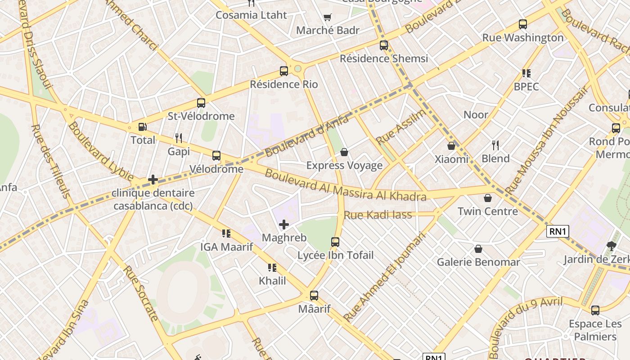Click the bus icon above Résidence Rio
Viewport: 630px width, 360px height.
284,71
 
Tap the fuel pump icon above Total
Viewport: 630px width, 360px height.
142,127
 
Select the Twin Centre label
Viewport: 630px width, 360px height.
488,211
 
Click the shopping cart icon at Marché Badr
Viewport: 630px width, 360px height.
328,18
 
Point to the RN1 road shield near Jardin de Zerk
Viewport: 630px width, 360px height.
558,231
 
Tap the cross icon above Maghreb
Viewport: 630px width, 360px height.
284,224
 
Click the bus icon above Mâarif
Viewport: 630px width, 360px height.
314,296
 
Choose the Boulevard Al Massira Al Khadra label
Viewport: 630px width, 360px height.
345,184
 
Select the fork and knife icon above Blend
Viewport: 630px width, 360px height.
495,145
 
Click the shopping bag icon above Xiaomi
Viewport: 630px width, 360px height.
451,146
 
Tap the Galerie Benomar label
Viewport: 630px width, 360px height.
478,262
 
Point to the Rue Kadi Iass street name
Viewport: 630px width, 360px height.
378,215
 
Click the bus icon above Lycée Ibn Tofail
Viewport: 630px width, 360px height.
335,242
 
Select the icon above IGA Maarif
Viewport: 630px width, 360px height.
226,233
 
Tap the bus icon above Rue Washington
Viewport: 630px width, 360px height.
523,24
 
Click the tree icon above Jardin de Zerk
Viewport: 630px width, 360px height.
611,246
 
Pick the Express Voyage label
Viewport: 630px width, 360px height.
344,166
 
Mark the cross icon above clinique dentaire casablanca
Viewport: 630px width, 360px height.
153,180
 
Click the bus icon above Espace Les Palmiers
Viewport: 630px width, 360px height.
595,310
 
